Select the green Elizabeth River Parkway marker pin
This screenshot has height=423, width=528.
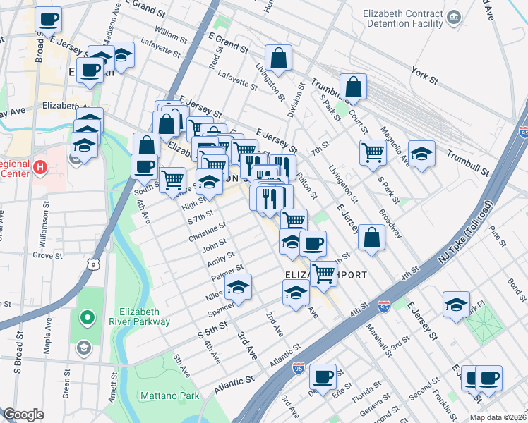87,319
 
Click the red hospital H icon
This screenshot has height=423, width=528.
41,168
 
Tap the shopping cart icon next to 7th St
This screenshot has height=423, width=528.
373,151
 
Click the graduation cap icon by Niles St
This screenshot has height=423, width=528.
238,287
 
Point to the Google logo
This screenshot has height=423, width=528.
23,415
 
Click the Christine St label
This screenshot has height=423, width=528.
207,233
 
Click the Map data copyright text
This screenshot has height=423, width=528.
497,417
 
